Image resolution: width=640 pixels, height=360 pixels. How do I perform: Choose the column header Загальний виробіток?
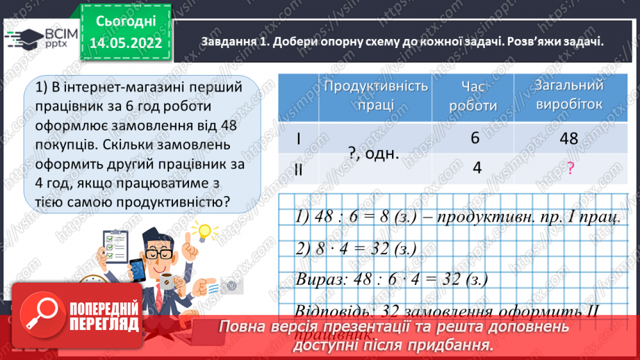(568, 96)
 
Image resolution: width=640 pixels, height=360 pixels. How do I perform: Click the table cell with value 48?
(568, 138)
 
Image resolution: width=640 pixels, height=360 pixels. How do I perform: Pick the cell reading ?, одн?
(373, 154)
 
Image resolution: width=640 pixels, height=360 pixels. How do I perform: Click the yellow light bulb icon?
(204, 231)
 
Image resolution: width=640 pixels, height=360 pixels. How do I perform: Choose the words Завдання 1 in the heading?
(233, 40)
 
